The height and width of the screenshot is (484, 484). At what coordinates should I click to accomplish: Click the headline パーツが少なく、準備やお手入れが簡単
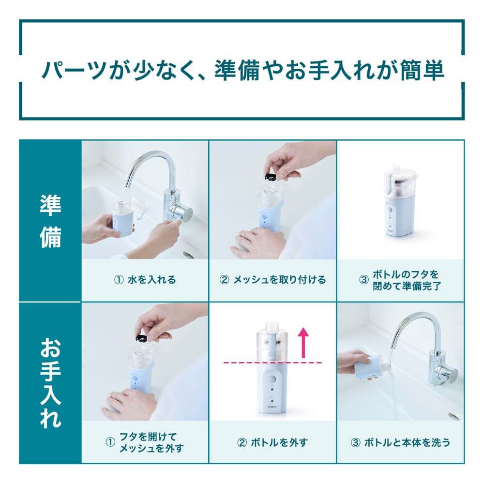tap(242, 70)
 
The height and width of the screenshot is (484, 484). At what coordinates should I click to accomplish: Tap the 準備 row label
tap(50, 221)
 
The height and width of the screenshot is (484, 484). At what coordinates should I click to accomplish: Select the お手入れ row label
tap(50, 382)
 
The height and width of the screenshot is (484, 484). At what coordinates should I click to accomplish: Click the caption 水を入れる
tap(145, 280)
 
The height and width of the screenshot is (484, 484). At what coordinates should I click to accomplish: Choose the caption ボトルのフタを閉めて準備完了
tap(401, 280)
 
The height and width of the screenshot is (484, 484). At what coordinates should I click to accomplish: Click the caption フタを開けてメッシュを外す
tap(145, 442)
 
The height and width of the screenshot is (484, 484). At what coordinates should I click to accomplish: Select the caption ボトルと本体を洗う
tap(401, 442)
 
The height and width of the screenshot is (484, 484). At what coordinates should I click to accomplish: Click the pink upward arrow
tap(303, 342)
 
